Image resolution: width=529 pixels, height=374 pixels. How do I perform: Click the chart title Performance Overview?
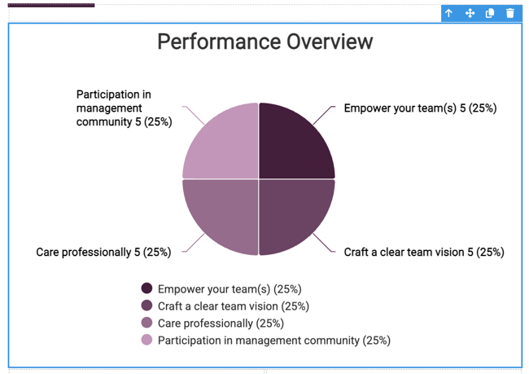[x=265, y=42]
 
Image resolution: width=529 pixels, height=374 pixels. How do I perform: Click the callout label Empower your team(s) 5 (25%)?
[x=421, y=108]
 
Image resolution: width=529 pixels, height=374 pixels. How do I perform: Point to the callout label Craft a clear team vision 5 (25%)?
[x=424, y=252]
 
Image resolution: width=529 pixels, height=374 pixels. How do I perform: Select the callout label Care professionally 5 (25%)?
[x=103, y=252]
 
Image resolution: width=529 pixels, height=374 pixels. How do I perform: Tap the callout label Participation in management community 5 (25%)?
[x=125, y=108]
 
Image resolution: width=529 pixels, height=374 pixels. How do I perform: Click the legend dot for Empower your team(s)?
[x=146, y=288]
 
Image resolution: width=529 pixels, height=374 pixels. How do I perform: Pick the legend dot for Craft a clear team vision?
[x=146, y=306]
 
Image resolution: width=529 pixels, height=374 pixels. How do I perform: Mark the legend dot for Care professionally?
[x=146, y=323]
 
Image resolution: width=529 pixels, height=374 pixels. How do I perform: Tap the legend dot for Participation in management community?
[x=146, y=340]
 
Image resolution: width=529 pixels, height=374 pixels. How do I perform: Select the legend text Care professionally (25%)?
[x=221, y=323]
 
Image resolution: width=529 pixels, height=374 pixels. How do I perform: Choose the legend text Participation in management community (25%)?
[x=274, y=341]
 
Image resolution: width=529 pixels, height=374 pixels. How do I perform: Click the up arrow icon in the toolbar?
[x=448, y=13]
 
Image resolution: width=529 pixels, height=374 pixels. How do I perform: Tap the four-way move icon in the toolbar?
[x=470, y=13]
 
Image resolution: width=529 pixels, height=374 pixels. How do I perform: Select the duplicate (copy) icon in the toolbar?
[x=490, y=13]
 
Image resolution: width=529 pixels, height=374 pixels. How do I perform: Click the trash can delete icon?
[x=510, y=13]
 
